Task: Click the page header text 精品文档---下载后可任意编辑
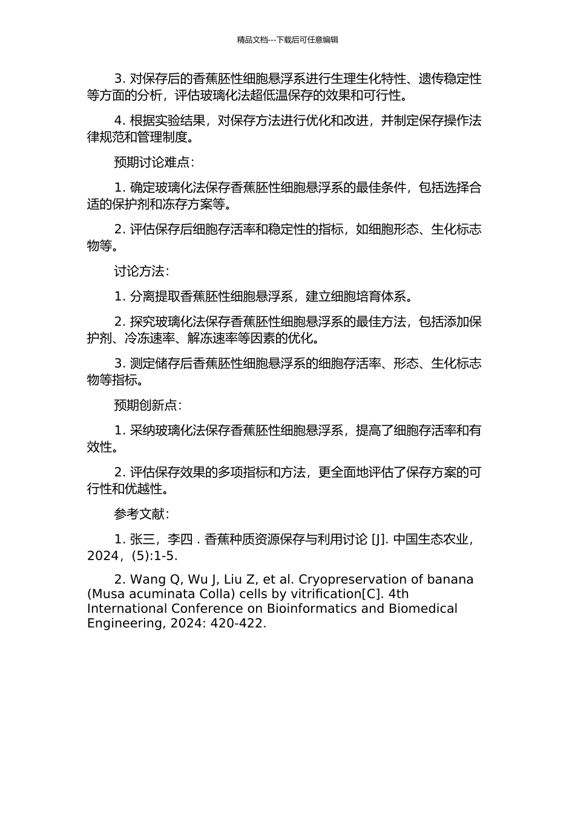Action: pos(287,40)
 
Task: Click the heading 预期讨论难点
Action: pos(154,163)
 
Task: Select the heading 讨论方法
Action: pos(141,272)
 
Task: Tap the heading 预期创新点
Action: pos(147,406)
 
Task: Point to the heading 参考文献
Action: pos(141,515)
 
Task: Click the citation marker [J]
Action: pos(379,540)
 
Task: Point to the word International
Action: pos(125,609)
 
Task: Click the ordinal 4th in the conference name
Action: pos(397,594)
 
